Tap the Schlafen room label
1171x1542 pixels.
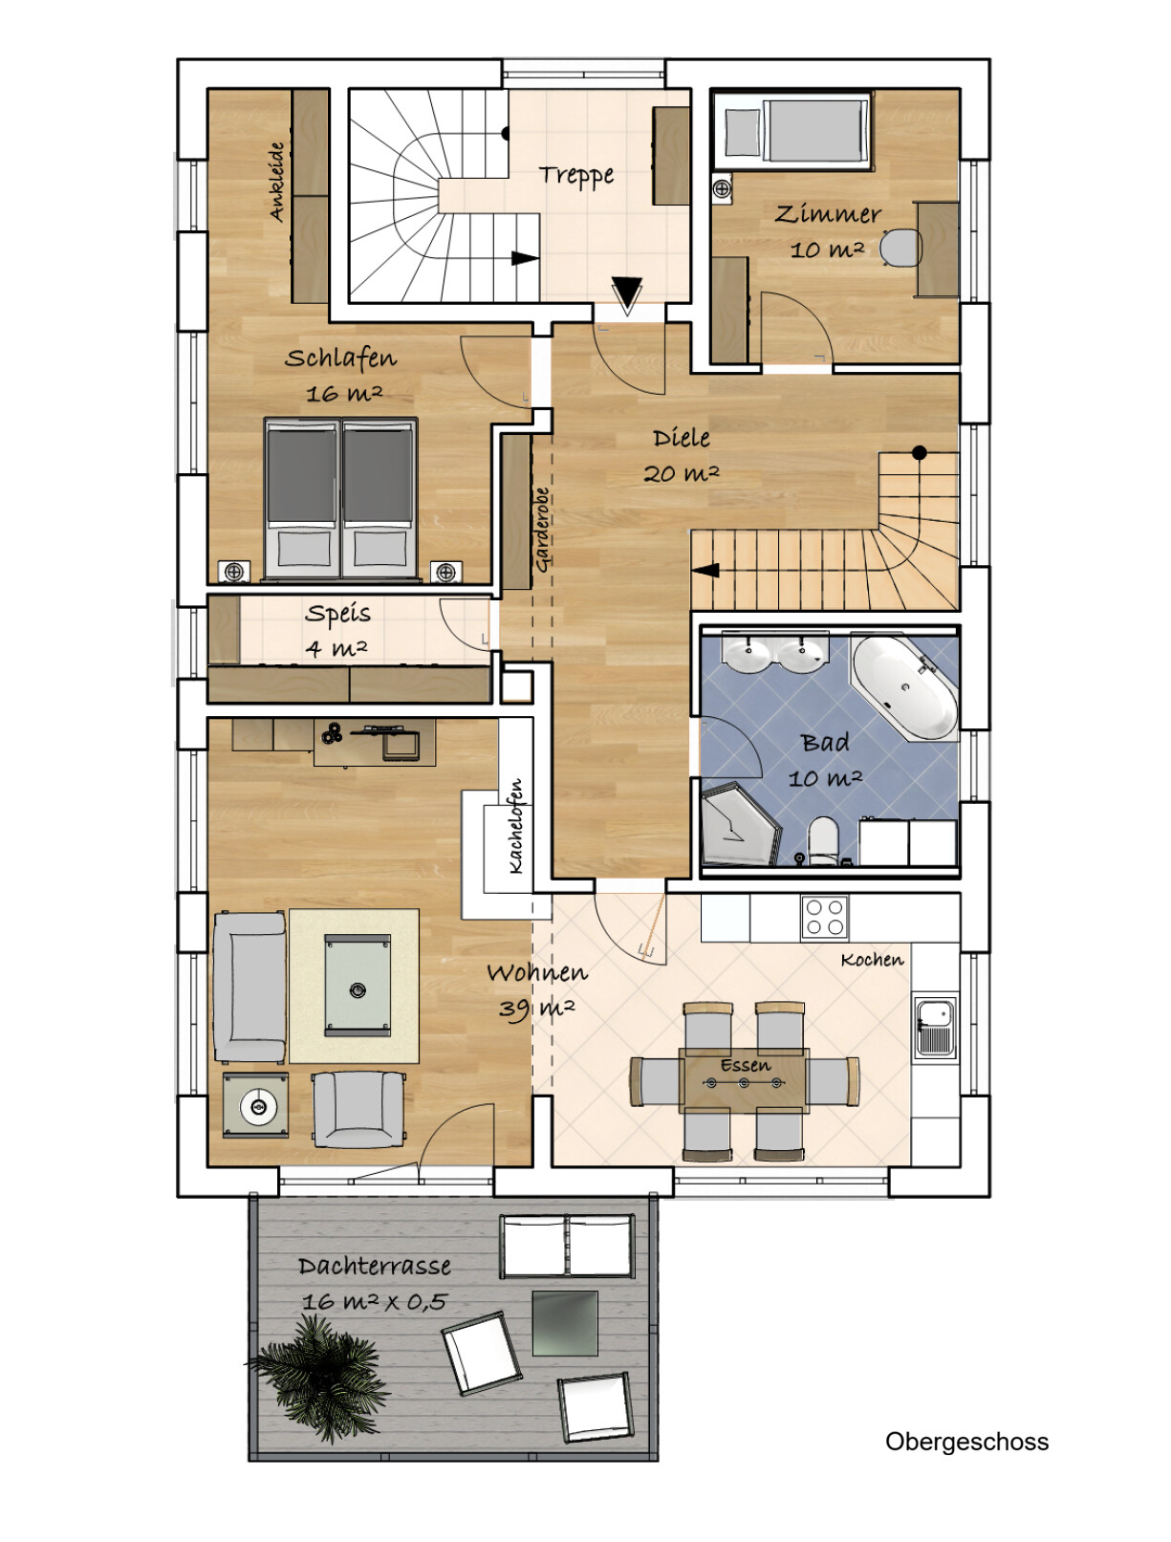pos(340,358)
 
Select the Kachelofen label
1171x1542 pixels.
pos(515,825)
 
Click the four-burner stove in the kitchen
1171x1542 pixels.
pos(824,917)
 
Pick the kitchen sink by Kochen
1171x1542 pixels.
pos(935,1027)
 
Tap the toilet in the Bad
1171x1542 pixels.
pos(823,840)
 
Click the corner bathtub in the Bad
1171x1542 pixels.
pos(904,685)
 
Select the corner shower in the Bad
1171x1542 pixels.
pos(739,824)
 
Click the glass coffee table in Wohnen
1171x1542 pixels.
pos(358,985)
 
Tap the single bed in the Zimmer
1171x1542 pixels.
pos(793,131)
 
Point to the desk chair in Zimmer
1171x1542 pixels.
pos(900,249)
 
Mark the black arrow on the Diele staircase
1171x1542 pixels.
pos(705,570)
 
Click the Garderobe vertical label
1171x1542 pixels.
pos(542,530)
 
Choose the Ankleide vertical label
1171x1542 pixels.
pos(277,182)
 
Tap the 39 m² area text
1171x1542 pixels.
pos(536,1010)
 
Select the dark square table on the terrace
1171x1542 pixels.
pos(565,1323)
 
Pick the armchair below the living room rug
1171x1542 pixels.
pos(359,1109)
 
